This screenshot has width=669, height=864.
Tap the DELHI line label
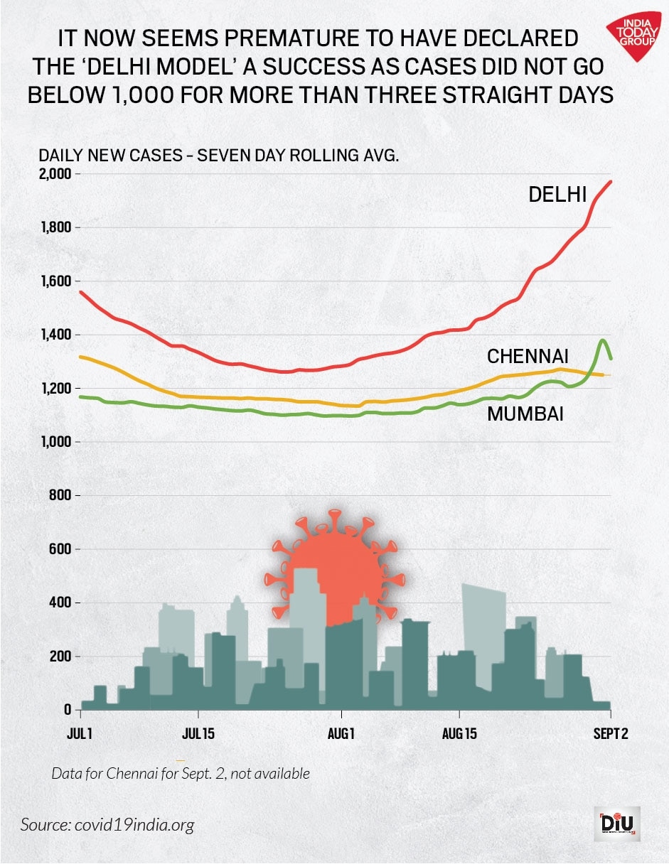pyautogui.click(x=557, y=194)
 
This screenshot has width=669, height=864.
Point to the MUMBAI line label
pyautogui.click(x=525, y=414)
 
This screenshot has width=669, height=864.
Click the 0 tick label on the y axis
pyautogui.click(x=67, y=710)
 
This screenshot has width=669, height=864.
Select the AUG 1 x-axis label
pyautogui.click(x=341, y=733)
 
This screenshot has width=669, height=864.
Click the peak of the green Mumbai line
pyautogui.click(x=604, y=340)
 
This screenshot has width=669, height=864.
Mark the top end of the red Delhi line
pyautogui.click(x=611, y=182)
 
